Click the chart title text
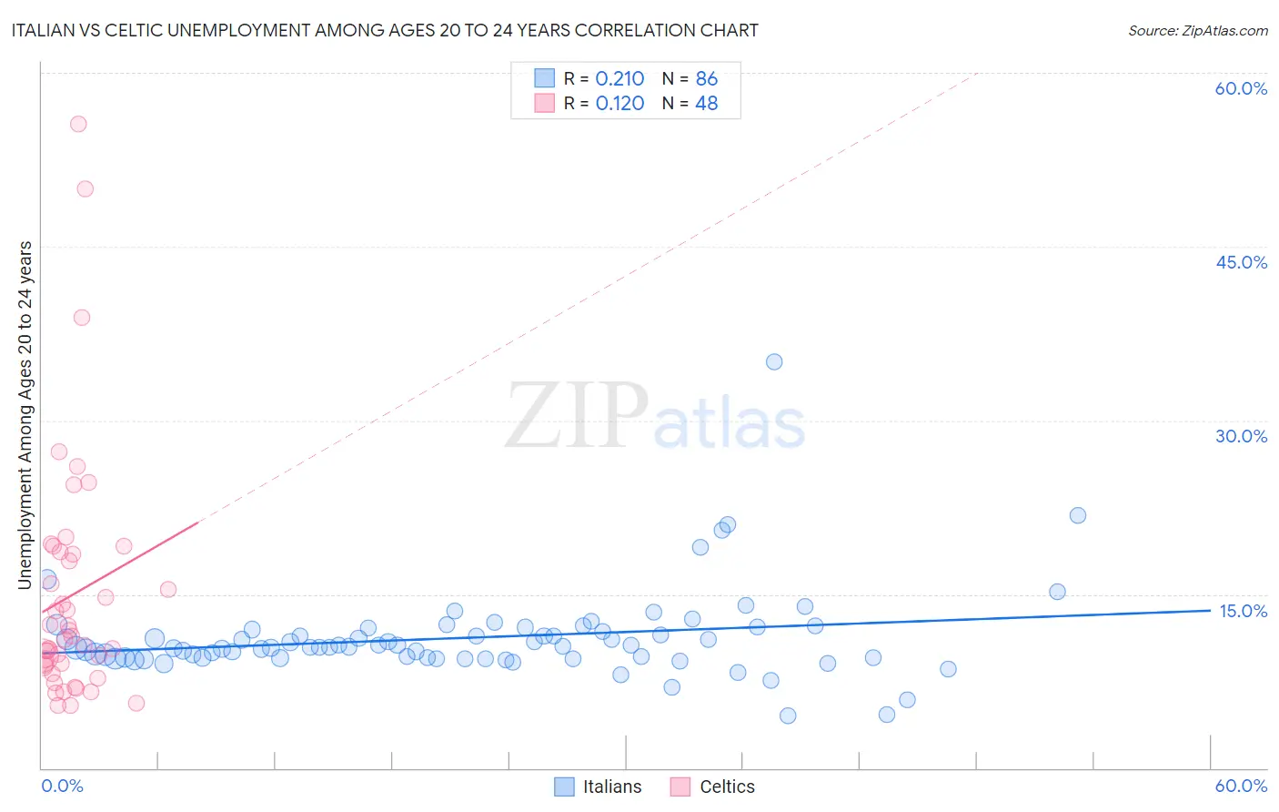(x=384, y=30)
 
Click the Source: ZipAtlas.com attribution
(x=1197, y=30)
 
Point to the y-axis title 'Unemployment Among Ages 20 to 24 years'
(x=25, y=415)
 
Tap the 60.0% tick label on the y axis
(x=1241, y=88)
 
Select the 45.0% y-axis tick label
(x=1241, y=262)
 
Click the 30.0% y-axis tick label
(x=1241, y=436)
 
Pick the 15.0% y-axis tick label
(x=1243, y=611)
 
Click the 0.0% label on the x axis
(x=62, y=787)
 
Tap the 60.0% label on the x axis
(x=1241, y=787)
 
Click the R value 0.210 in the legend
(x=619, y=79)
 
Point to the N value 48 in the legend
(x=707, y=104)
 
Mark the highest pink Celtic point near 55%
(x=78, y=124)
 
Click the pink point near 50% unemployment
(x=85, y=189)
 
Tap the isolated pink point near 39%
(x=81, y=318)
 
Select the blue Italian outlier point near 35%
(x=774, y=361)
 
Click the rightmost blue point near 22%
(x=1078, y=515)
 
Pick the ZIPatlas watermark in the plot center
(x=655, y=416)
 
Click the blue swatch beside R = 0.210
(x=544, y=78)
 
